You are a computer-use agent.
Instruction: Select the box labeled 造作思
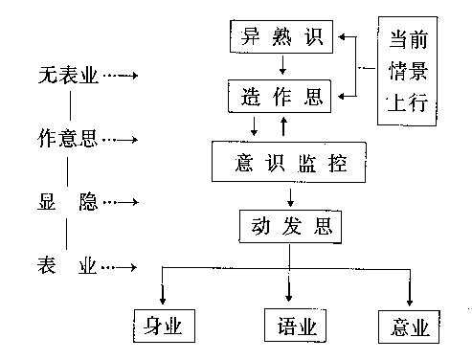coord(281,97)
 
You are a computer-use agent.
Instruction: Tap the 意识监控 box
coord(290,163)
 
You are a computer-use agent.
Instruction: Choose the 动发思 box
coord(288,228)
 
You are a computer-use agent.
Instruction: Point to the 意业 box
coord(409,326)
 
